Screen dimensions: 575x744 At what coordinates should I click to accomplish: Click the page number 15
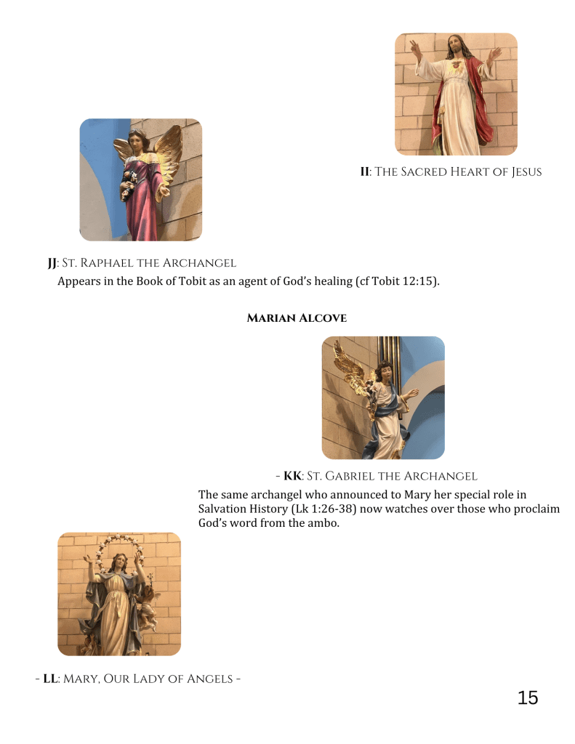[x=527, y=698]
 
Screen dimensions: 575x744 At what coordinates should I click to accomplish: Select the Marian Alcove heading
[x=297, y=318]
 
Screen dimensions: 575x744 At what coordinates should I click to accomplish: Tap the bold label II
[x=365, y=171]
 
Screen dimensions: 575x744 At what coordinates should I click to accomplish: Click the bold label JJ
[x=52, y=263]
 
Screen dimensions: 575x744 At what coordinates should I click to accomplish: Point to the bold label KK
[x=292, y=476]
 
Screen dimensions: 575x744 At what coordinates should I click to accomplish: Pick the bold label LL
[x=50, y=679]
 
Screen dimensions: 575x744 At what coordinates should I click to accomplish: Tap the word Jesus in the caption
[x=526, y=172]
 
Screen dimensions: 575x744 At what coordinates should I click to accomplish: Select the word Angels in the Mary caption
[x=209, y=679]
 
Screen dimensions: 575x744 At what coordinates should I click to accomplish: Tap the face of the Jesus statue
[x=455, y=46]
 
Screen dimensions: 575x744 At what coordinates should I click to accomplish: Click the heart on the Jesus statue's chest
[x=456, y=68]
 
